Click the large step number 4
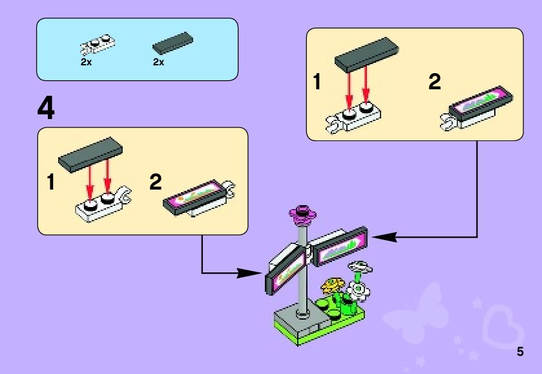tap(47, 108)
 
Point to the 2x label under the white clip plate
tap(86, 62)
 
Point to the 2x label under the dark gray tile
tap(158, 62)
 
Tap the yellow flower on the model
tap(333, 285)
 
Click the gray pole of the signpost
tap(302, 285)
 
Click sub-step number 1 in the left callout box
tap(50, 183)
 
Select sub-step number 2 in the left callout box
tap(155, 183)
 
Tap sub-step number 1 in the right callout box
tap(317, 82)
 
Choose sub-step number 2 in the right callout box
tap(434, 82)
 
